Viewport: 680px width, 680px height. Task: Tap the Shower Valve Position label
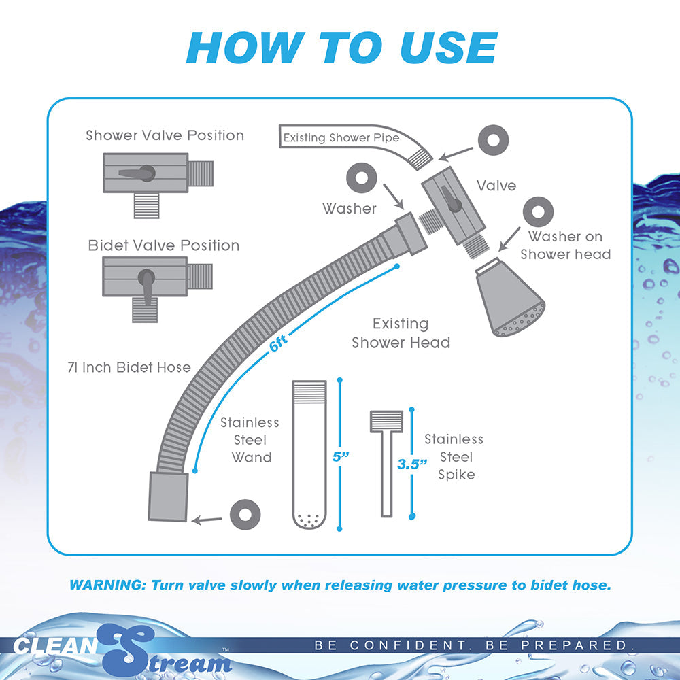tap(165, 135)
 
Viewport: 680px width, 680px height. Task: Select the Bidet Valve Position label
tap(164, 245)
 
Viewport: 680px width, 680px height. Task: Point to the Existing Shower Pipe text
tap(341, 138)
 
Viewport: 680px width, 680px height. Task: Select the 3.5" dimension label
tap(412, 464)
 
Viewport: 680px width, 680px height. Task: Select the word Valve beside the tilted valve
tap(496, 186)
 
